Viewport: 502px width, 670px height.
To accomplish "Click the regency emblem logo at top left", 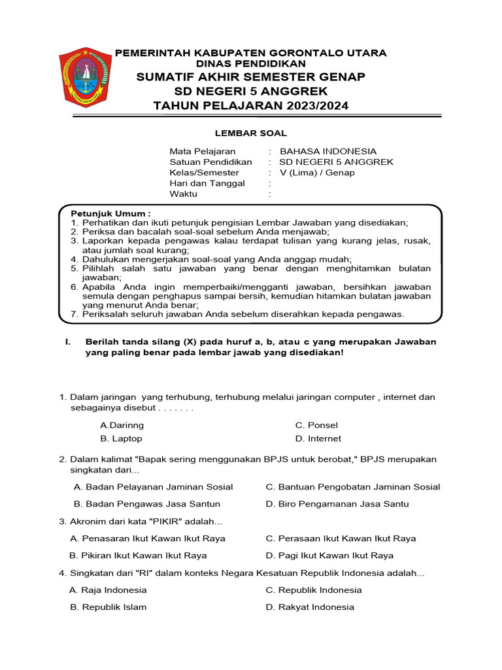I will pyautogui.click(x=85, y=77).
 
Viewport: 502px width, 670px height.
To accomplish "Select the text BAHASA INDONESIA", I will pyautogui.click(x=327, y=151).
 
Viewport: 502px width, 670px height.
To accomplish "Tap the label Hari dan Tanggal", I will pyautogui.click(x=207, y=183).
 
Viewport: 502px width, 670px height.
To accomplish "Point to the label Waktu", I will pyautogui.click(x=184, y=194).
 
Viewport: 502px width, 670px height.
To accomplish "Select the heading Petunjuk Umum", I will pyautogui.click(x=110, y=213).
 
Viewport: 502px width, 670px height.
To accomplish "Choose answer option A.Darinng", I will pyautogui.click(x=122, y=425).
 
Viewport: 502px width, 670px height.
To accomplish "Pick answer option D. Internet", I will pyautogui.click(x=318, y=438).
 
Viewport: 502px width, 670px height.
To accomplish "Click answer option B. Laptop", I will pyautogui.click(x=121, y=438).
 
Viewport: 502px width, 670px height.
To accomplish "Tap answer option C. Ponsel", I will pyautogui.click(x=316, y=425).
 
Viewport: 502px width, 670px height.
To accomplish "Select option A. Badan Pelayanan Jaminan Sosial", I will pyautogui.click(x=154, y=487).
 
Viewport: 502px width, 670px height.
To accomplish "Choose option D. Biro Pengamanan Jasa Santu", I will pyautogui.click(x=337, y=504).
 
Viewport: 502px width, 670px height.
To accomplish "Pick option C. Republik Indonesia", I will pyautogui.click(x=313, y=590).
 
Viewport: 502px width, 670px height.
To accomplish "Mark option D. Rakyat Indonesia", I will pyautogui.click(x=309, y=607).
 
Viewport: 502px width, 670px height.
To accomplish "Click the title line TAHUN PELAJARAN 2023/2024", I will pyautogui.click(x=251, y=106).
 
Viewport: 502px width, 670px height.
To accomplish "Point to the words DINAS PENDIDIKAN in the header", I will pyautogui.click(x=251, y=64).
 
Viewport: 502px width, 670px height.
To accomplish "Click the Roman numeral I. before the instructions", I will pyautogui.click(x=66, y=342).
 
